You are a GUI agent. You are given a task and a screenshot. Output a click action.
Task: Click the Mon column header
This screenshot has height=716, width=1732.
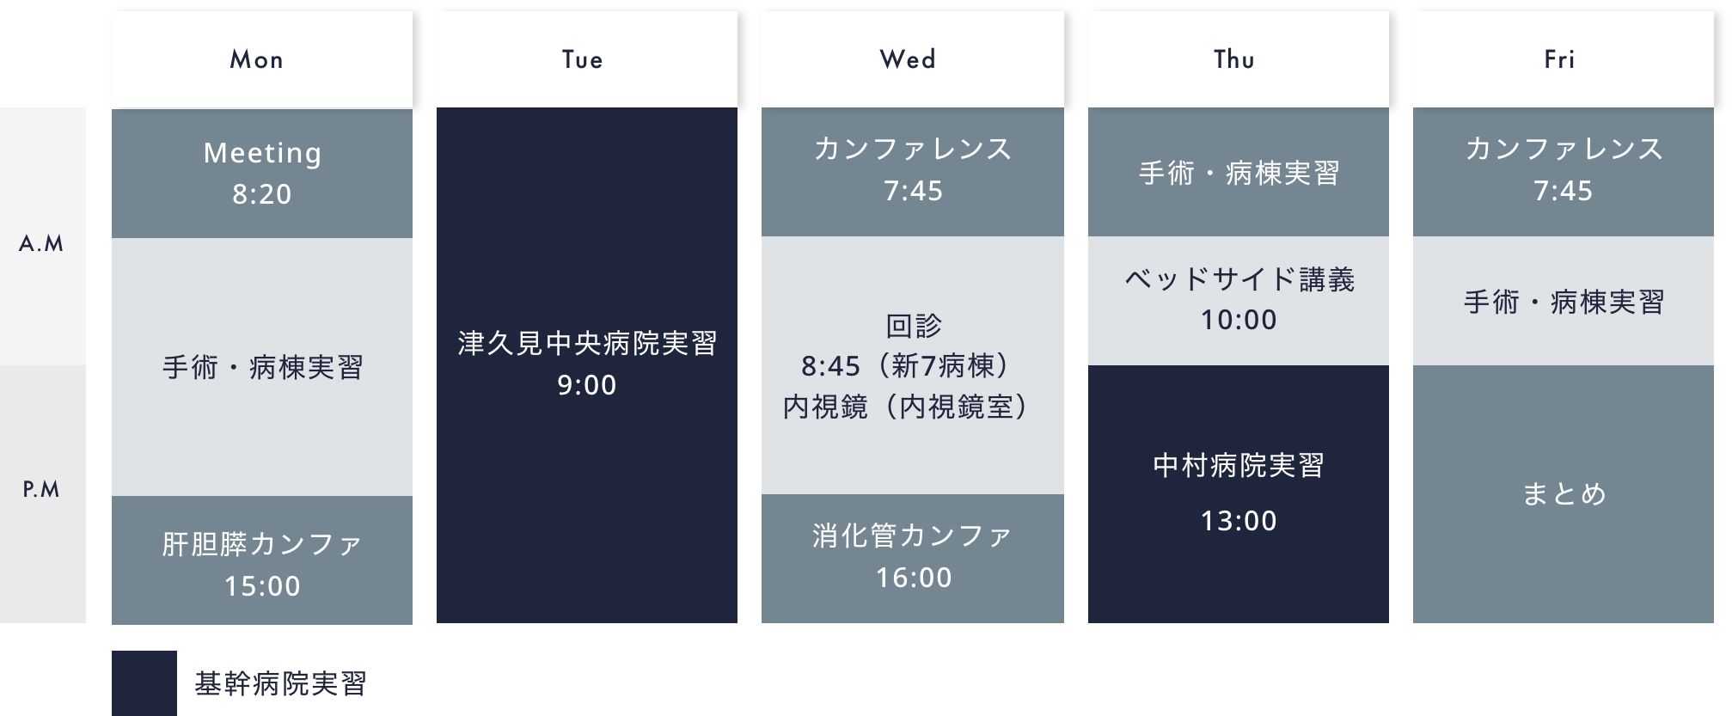click(262, 59)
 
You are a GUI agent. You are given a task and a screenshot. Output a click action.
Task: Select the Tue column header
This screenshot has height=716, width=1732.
click(587, 59)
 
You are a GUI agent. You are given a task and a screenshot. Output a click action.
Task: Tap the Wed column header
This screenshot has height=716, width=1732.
click(913, 59)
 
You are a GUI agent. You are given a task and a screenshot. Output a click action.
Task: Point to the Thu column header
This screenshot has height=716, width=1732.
click(1239, 59)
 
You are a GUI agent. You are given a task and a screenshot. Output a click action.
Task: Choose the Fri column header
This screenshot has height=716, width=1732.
click(1564, 59)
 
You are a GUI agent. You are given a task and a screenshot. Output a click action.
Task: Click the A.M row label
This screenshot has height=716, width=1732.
click(42, 244)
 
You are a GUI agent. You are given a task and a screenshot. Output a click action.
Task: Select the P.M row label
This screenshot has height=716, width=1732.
click(41, 490)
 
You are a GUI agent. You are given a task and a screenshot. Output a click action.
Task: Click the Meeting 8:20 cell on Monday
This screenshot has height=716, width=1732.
click(262, 173)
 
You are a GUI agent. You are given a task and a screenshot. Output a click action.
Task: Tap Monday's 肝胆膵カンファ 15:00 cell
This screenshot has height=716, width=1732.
click(262, 560)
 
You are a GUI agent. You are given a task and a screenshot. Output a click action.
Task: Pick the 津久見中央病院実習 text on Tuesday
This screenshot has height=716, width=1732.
click(587, 344)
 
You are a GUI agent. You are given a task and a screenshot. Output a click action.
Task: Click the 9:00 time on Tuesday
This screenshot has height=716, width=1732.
click(587, 385)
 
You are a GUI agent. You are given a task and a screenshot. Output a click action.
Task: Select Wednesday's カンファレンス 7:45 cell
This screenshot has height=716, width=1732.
click(913, 172)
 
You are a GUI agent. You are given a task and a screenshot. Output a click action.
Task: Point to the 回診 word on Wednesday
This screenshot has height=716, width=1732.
click(914, 326)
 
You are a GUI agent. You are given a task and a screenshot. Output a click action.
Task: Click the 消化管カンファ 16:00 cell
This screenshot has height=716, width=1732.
click(913, 559)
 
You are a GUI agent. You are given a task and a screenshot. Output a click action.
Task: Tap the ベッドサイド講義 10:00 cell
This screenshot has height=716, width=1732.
click(1239, 301)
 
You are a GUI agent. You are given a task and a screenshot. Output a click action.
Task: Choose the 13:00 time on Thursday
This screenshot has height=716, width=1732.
click(1239, 521)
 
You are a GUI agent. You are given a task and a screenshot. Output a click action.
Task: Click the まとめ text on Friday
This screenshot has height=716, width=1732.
click(1564, 494)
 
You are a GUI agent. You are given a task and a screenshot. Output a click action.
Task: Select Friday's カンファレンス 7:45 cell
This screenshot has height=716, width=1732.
click(1564, 172)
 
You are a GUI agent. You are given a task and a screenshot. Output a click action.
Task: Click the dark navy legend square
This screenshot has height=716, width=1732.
click(144, 683)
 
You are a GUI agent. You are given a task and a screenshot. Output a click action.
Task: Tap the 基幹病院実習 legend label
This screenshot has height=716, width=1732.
click(281, 684)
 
